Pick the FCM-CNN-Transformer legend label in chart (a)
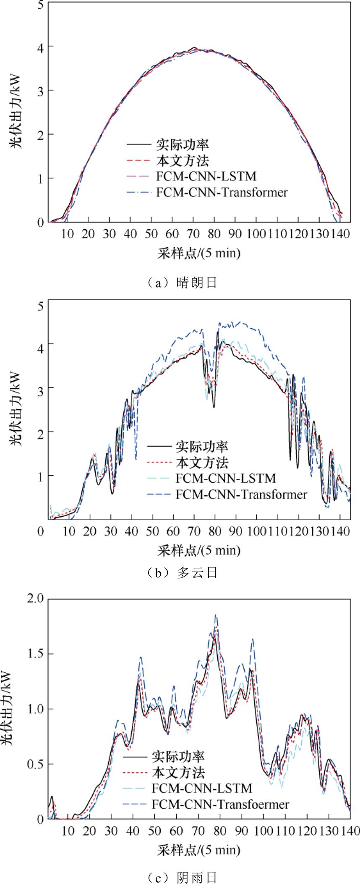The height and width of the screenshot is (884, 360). [222, 193]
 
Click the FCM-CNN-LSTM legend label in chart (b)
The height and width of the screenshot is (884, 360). [226, 478]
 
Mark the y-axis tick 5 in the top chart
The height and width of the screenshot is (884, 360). [40, 5]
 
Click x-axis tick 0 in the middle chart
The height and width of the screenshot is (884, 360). [40, 531]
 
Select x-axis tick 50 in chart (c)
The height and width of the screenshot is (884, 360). [154, 830]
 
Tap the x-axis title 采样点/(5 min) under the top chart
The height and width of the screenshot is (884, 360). [199, 253]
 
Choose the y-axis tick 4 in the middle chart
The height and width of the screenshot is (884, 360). [40, 343]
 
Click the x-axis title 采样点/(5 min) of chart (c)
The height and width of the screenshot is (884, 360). [199, 850]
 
